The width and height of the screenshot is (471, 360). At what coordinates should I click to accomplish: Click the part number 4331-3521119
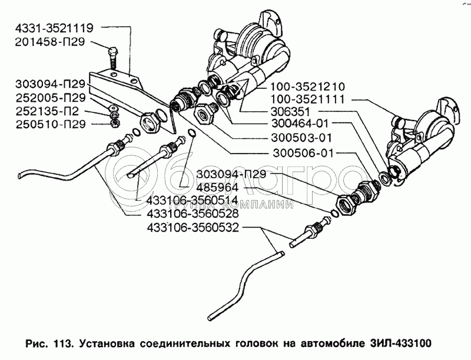pyautogui.click(x=54, y=28)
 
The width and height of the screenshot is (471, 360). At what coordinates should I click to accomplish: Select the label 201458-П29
pyautogui.click(x=50, y=42)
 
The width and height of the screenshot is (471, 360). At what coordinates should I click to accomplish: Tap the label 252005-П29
pyautogui.click(x=51, y=98)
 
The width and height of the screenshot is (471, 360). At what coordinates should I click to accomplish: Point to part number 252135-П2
pyautogui.click(x=47, y=111)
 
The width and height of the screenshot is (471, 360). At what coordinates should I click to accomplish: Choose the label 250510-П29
pyautogui.click(x=51, y=124)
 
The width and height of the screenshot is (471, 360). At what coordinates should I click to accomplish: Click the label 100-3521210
pyautogui.click(x=308, y=86)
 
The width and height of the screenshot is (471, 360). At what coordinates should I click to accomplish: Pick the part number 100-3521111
pyautogui.click(x=308, y=99)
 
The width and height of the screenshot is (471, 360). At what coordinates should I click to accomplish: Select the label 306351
pyautogui.click(x=290, y=112)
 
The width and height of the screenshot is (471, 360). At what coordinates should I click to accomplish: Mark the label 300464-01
pyautogui.click(x=300, y=124)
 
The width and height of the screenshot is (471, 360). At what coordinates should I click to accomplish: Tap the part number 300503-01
pyautogui.click(x=301, y=138)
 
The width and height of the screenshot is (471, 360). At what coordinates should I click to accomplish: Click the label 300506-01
pyautogui.click(x=303, y=154)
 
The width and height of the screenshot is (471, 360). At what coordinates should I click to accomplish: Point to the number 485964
pyautogui.click(x=217, y=188)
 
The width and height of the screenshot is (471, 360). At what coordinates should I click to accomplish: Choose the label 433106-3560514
pyautogui.click(x=193, y=200)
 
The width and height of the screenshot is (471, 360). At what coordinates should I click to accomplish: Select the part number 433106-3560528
pyautogui.click(x=193, y=214)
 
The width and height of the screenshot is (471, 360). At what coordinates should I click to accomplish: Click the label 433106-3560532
pyautogui.click(x=193, y=228)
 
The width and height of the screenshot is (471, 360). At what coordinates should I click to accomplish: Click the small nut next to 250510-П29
pyautogui.click(x=115, y=123)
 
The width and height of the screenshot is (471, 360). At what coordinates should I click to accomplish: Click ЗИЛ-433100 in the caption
pyautogui.click(x=400, y=343)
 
